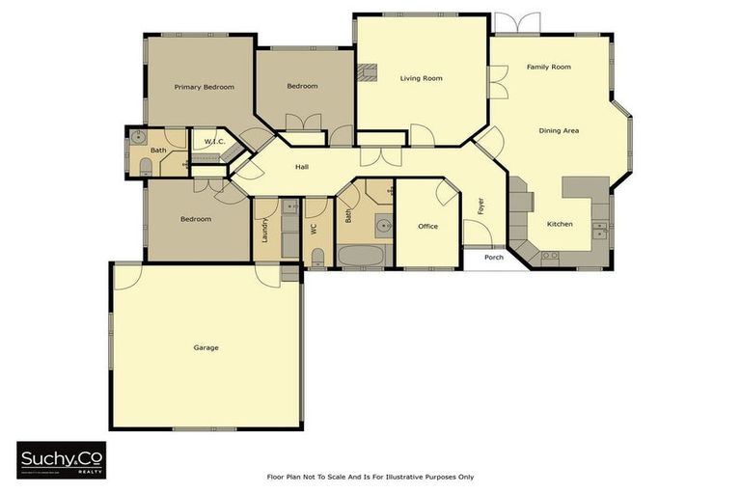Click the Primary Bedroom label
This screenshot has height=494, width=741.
[x=204, y=87]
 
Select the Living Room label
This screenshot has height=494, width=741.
[x=422, y=78]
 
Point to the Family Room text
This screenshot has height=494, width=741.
[x=548, y=68]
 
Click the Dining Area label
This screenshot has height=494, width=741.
[x=558, y=130]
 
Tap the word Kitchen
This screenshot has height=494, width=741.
[x=560, y=224]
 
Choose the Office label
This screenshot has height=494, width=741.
[x=427, y=227]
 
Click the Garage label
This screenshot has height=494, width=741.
[x=206, y=347]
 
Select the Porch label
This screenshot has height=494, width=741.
[x=493, y=258]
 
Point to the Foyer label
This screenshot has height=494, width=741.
[x=480, y=206]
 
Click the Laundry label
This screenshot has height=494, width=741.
[x=263, y=230]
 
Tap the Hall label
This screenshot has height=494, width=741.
[x=302, y=167]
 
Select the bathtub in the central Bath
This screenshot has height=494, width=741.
[x=362, y=257]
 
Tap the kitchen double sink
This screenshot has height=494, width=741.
[x=600, y=230]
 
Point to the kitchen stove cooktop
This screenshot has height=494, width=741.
[x=549, y=256]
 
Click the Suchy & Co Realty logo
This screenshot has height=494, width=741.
[x=61, y=459]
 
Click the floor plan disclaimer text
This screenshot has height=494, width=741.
[x=370, y=477]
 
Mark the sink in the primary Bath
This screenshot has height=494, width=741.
[x=139, y=137]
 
